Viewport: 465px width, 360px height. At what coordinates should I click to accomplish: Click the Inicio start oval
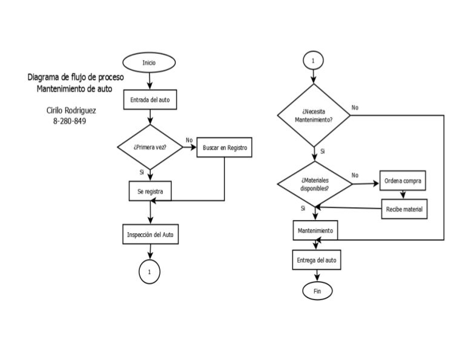(148, 62)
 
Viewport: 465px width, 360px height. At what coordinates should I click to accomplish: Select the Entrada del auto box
(150, 99)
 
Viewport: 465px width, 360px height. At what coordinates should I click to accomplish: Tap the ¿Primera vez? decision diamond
(150, 147)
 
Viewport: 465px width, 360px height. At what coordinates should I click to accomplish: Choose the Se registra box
(150, 191)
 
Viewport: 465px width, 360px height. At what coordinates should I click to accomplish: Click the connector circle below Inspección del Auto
(149, 272)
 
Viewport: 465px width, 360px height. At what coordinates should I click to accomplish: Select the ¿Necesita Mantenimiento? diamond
(313, 115)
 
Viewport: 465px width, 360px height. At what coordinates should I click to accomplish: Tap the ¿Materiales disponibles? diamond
(314, 184)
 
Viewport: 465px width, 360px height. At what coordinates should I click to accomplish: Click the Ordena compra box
(404, 181)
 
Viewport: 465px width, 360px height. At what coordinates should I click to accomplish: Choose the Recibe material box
(404, 210)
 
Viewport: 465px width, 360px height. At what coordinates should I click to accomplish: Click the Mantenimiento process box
(315, 230)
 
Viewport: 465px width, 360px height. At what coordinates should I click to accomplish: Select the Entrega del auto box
(317, 260)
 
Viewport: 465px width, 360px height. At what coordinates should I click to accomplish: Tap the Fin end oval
(317, 291)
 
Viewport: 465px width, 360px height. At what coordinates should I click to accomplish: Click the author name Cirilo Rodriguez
(71, 110)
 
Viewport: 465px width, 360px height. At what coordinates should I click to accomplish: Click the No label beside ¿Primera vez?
(189, 140)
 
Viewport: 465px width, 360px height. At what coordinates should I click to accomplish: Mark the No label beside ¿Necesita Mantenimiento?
(355, 107)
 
